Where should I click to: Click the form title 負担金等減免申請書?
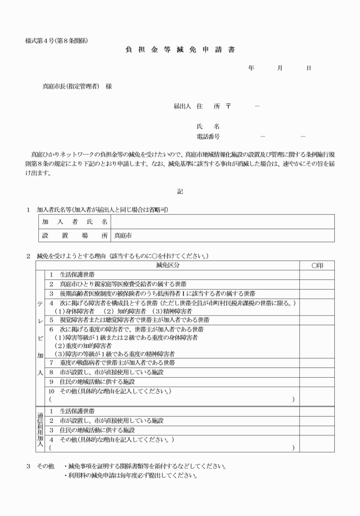tap(179, 49)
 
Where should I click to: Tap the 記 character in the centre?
tap(179, 191)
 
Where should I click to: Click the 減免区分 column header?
tap(167, 265)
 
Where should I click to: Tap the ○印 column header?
tap(318, 265)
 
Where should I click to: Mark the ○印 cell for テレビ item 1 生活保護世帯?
tap(318, 275)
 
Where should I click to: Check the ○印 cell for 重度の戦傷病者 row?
tap(318, 362)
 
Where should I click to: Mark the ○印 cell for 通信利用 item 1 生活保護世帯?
tap(318, 411)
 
